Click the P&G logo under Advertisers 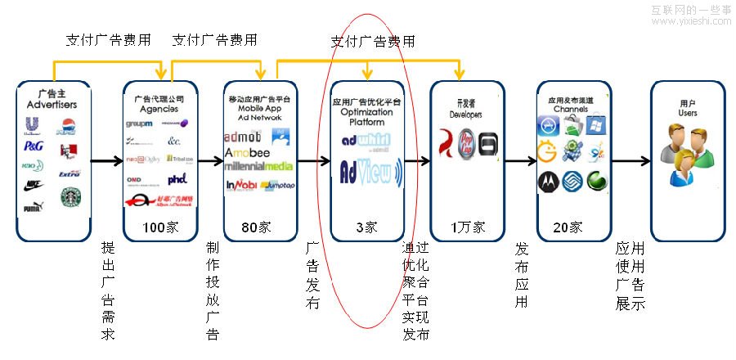pos(34,146)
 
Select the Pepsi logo pos(67,125)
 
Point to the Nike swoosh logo pos(34,185)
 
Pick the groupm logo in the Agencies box pos(140,124)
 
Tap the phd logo pos(177,178)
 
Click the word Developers pos(465,115)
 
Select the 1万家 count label pos(466,227)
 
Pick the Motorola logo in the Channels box pos(547,182)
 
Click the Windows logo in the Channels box pos(595,125)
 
